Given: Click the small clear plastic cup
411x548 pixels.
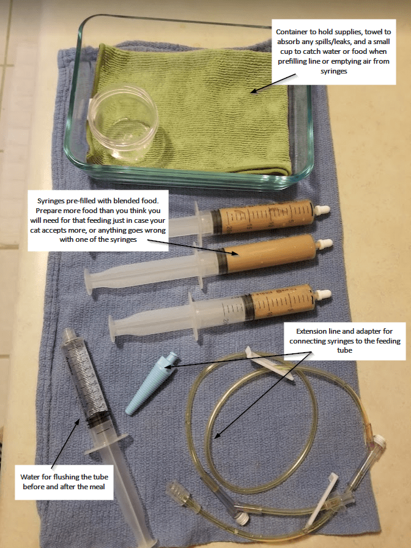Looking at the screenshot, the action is tap(123, 124).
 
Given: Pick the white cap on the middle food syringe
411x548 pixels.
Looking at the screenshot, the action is tap(324, 244).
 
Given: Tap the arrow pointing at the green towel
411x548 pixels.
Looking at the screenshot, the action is tap(273, 83).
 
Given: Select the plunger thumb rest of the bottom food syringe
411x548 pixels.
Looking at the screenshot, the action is tap(113, 329).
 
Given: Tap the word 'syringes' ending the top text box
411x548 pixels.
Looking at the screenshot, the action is tap(334, 71).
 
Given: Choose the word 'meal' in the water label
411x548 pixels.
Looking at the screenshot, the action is tap(97, 487).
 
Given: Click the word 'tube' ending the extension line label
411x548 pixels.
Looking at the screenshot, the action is tap(345, 350).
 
